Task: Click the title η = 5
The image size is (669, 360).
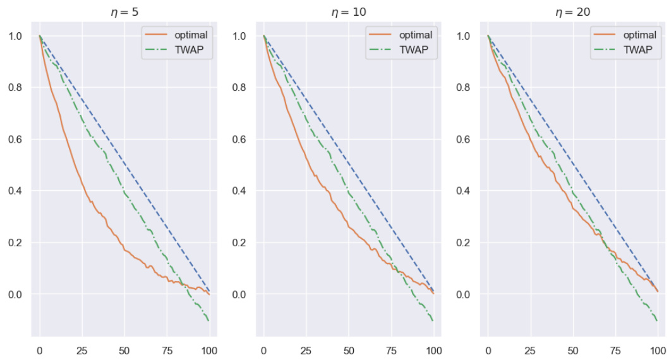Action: (124, 11)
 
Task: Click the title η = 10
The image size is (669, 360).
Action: (349, 11)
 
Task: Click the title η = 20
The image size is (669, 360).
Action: (573, 11)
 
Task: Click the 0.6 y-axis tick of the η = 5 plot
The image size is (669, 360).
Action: (15, 140)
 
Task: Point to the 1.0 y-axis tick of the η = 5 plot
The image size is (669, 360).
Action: (15, 36)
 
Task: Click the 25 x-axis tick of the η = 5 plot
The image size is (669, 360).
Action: (82, 349)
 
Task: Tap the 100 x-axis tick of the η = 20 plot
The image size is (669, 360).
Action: (658, 349)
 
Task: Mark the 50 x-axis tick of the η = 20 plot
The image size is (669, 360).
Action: (573, 349)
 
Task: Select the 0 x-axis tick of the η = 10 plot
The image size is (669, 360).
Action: (264, 349)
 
